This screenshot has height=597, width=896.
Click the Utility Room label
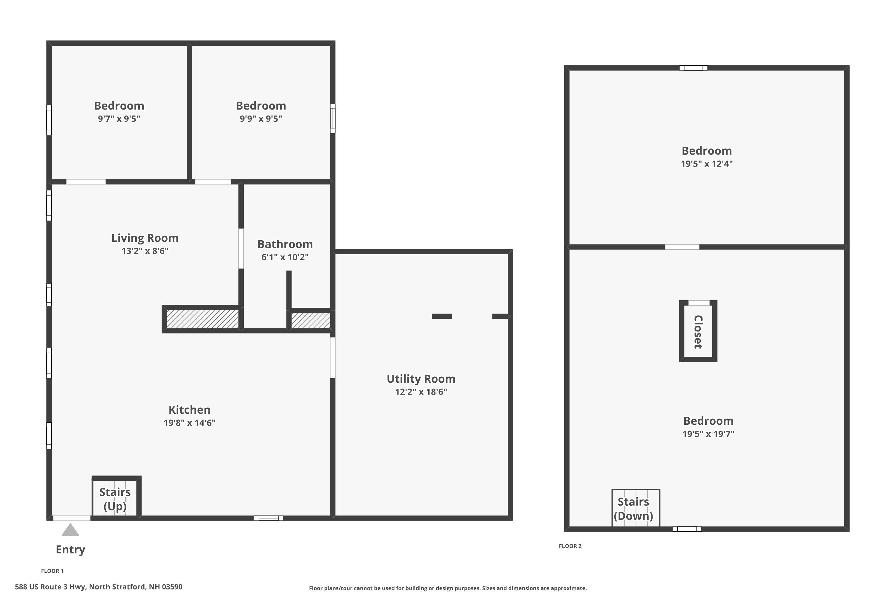click(421, 379)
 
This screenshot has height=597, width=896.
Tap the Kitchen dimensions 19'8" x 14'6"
click(189, 423)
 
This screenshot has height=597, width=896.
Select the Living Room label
click(145, 238)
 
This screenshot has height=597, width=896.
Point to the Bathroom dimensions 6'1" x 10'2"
click(285, 257)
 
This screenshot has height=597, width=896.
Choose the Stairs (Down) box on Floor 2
click(636, 508)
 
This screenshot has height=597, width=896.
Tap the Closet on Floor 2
click(698, 331)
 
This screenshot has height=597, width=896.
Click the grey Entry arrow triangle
click(70, 530)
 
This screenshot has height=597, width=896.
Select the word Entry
click(70, 550)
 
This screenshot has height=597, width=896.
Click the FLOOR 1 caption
click(52, 571)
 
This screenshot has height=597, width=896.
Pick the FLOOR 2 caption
click(570, 546)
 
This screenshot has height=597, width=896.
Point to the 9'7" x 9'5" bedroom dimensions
click(119, 119)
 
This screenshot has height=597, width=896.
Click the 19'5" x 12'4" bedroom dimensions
click(707, 164)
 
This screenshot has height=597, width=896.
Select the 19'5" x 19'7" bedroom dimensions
click(708, 434)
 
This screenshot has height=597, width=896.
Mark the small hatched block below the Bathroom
click(311, 321)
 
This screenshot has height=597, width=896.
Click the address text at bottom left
click(99, 587)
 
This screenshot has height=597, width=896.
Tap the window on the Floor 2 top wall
click(693, 68)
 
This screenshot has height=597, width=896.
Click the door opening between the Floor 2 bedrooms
click(682, 247)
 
